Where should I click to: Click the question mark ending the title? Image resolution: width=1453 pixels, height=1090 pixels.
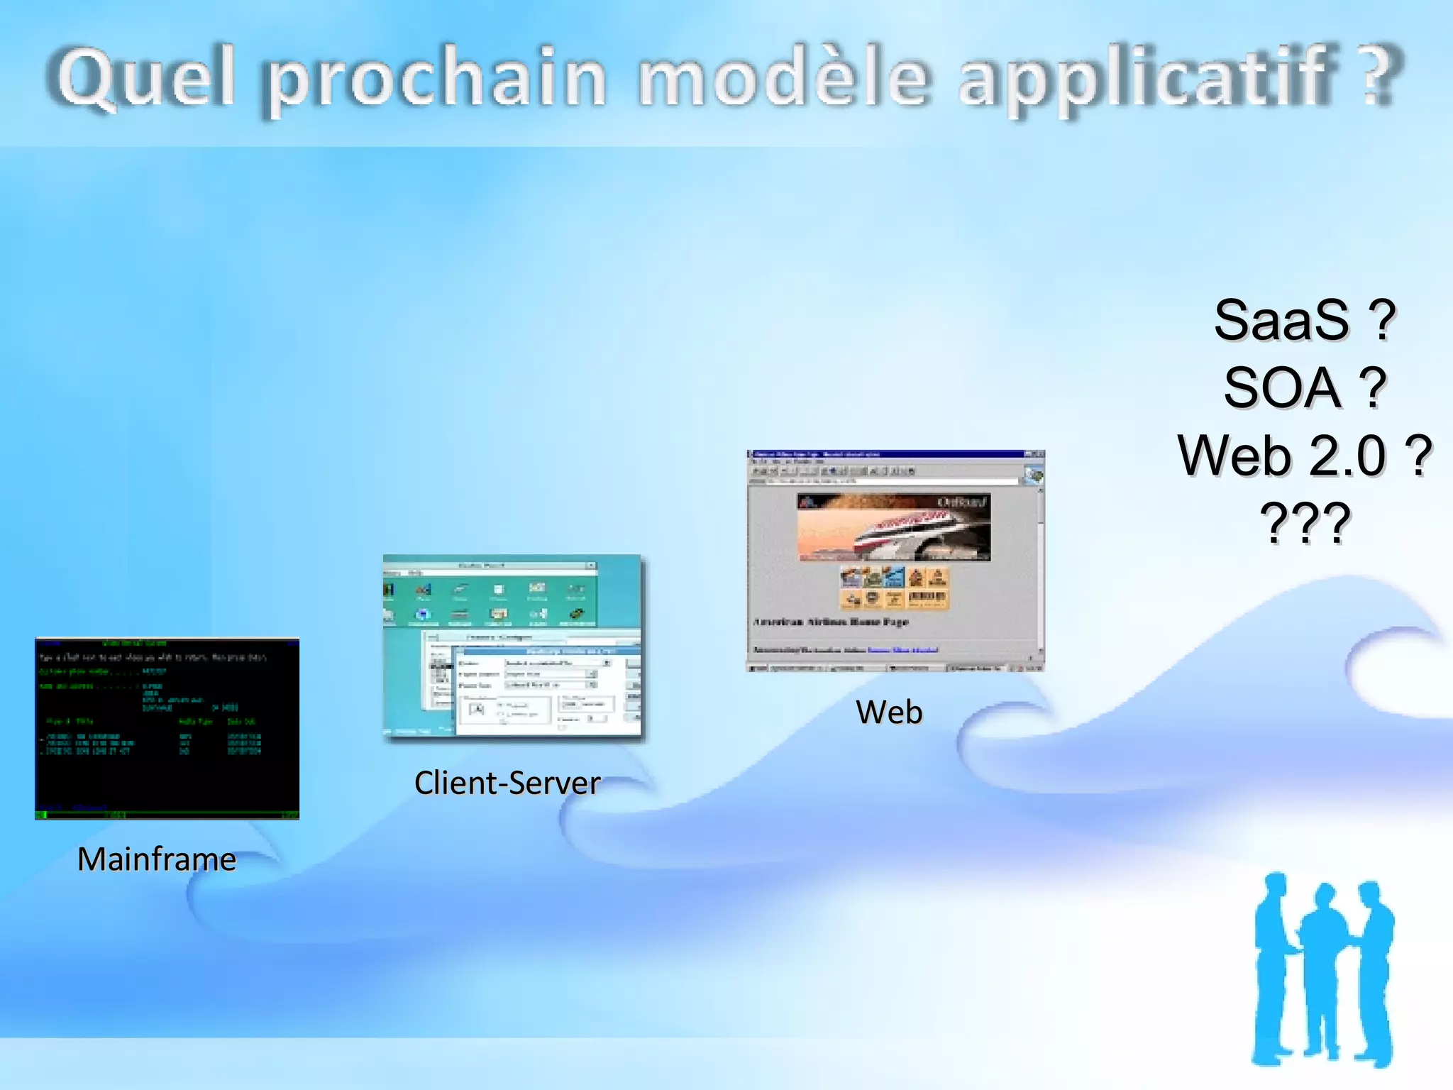(1380, 75)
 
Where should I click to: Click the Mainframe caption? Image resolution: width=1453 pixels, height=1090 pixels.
(157, 859)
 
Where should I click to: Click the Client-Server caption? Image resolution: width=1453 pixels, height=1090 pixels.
(507, 783)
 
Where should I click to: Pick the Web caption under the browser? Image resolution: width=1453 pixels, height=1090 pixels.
(889, 712)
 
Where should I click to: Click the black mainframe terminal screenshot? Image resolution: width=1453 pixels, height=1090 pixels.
(167, 729)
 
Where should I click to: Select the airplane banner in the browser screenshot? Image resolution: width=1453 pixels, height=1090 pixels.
(893, 527)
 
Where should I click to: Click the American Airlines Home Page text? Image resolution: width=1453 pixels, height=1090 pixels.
(830, 622)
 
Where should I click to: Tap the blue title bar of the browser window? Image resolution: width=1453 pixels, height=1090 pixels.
(887, 454)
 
